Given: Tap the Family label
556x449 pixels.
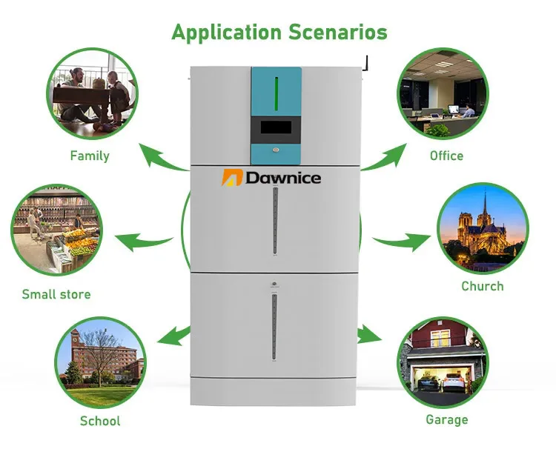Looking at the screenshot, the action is coord(90,156).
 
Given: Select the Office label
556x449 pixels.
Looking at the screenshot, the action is coord(446,156).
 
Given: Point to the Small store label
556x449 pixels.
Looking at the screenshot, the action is coord(56,294).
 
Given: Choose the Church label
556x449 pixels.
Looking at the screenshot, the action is coord(482,286).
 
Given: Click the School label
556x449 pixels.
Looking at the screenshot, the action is coord(100,421).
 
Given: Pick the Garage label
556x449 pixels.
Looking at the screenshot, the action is coord(446,420).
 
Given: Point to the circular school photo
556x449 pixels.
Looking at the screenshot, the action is coord(101,358).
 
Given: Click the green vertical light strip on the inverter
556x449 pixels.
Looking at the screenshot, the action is coord(276,92).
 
